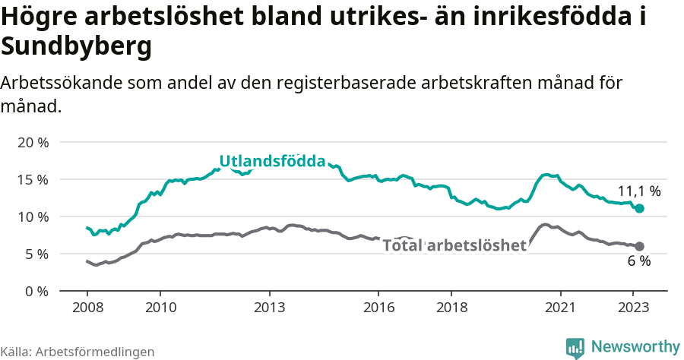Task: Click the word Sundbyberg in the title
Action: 77,47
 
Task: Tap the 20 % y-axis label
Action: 33,142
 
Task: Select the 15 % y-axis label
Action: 33,179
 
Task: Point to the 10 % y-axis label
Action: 33,216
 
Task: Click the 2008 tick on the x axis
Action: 87,308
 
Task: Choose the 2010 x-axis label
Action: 160,308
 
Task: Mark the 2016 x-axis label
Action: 378,308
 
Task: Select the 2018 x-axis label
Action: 451,308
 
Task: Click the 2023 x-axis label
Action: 633,308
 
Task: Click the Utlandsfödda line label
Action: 272,161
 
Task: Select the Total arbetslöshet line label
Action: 454,245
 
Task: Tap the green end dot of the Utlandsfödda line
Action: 639,208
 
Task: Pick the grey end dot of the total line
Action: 639,246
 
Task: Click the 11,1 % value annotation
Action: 638,191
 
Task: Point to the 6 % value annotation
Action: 638,261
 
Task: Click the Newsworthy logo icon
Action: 575,347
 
